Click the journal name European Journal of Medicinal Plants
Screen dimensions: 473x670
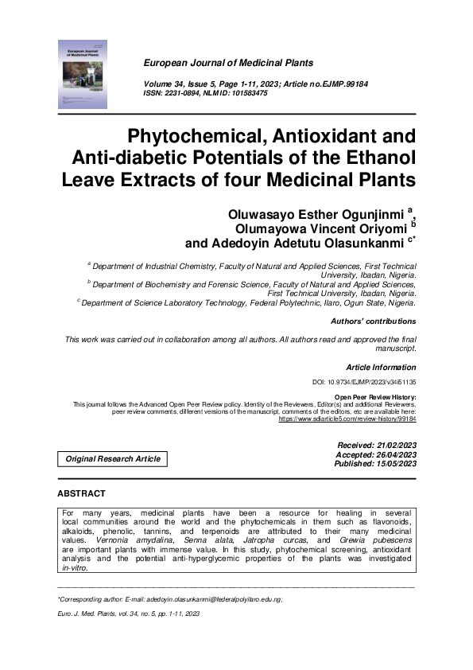click(228, 63)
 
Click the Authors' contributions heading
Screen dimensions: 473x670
click(373, 321)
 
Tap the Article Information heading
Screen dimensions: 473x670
click(381, 368)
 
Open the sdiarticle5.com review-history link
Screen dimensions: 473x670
click(347, 418)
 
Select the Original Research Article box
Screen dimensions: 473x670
click(113, 458)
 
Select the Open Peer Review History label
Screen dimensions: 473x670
click(375, 396)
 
